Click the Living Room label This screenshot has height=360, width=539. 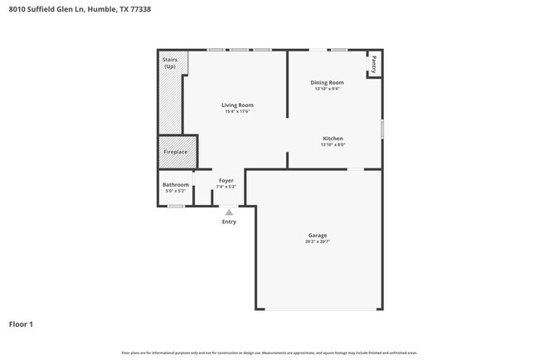coord(237,105)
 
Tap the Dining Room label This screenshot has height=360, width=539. coord(327,83)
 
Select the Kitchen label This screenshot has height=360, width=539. coord(333,139)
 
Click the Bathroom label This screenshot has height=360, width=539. coord(175,184)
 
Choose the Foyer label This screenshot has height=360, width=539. coord(226,180)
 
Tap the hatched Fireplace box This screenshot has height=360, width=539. coord(176,152)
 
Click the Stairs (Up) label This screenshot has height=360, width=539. coord(170,63)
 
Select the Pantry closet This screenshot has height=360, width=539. coord(374,64)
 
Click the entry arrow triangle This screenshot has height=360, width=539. coord(229,212)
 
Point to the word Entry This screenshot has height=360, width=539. coord(229,221)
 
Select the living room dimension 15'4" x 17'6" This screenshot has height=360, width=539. coord(237,111)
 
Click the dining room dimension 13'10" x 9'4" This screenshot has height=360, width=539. coord(327,89)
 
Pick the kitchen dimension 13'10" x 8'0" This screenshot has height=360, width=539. coord(333,144)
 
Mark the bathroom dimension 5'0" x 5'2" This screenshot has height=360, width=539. coord(175,190)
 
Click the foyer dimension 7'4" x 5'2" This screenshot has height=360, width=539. coord(226,186)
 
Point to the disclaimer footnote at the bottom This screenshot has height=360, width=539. coord(269,353)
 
